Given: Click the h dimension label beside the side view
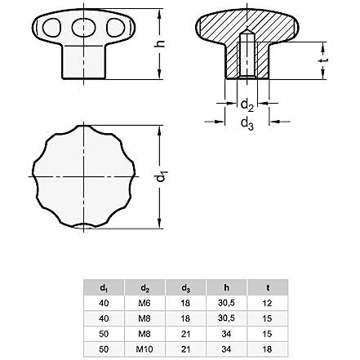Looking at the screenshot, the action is pyautogui.click(x=161, y=43).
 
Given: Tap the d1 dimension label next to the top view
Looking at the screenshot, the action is pyautogui.click(x=161, y=177).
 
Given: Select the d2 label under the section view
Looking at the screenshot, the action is pyautogui.click(x=247, y=105).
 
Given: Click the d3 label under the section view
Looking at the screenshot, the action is pyautogui.click(x=247, y=124).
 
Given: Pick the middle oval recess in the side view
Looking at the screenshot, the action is pyautogui.click(x=83, y=28).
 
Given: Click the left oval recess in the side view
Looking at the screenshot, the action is pyautogui.click(x=51, y=28).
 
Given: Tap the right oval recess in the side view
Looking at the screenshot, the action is pyautogui.click(x=116, y=28).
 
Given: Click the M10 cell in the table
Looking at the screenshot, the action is pyautogui.click(x=144, y=349).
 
